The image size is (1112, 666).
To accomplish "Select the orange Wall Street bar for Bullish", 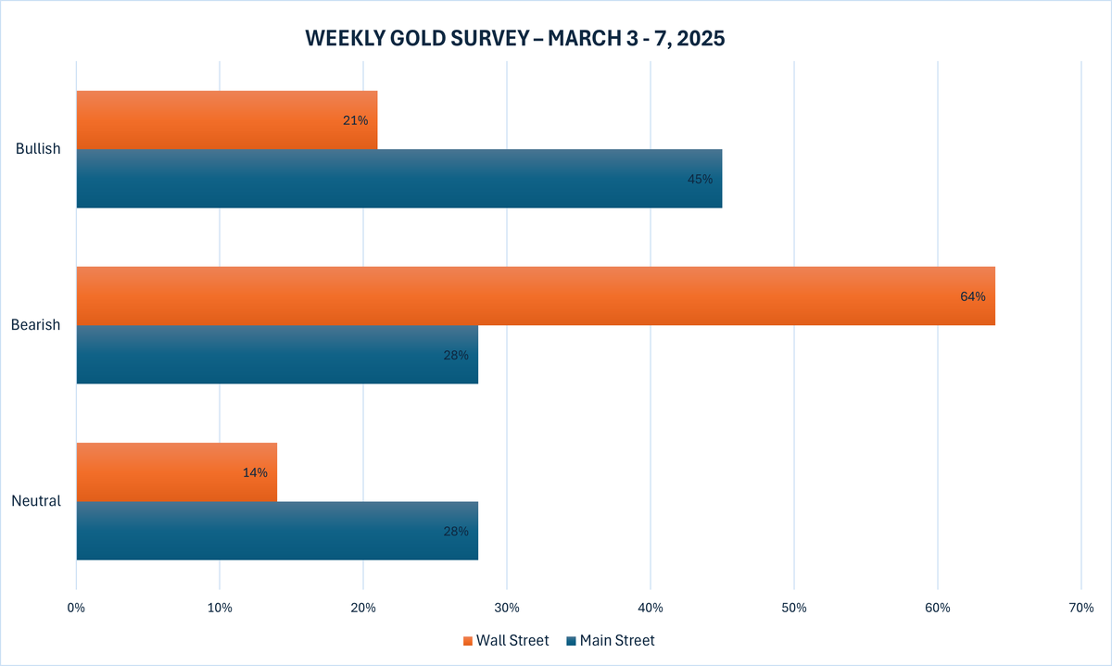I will [226, 119].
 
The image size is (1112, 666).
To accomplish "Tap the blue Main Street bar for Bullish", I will [398, 178].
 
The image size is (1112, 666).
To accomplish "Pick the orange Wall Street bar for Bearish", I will [535, 295].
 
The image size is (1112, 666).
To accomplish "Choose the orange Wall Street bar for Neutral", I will [176, 471].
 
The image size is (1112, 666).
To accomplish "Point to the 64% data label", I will [973, 297].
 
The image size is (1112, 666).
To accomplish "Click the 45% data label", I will [700, 179].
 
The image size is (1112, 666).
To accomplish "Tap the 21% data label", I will [355, 120].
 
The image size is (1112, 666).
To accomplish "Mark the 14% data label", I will [255, 472].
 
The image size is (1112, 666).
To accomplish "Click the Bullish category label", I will [38, 149].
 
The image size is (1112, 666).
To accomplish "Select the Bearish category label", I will [35, 325].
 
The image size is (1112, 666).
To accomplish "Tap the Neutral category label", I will [36, 501].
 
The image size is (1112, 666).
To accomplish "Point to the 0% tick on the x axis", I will [76, 608].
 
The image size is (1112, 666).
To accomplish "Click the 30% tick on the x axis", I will [507, 608].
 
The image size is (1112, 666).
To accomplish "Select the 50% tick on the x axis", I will [794, 608].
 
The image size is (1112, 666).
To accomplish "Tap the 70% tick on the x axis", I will [1081, 608].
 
